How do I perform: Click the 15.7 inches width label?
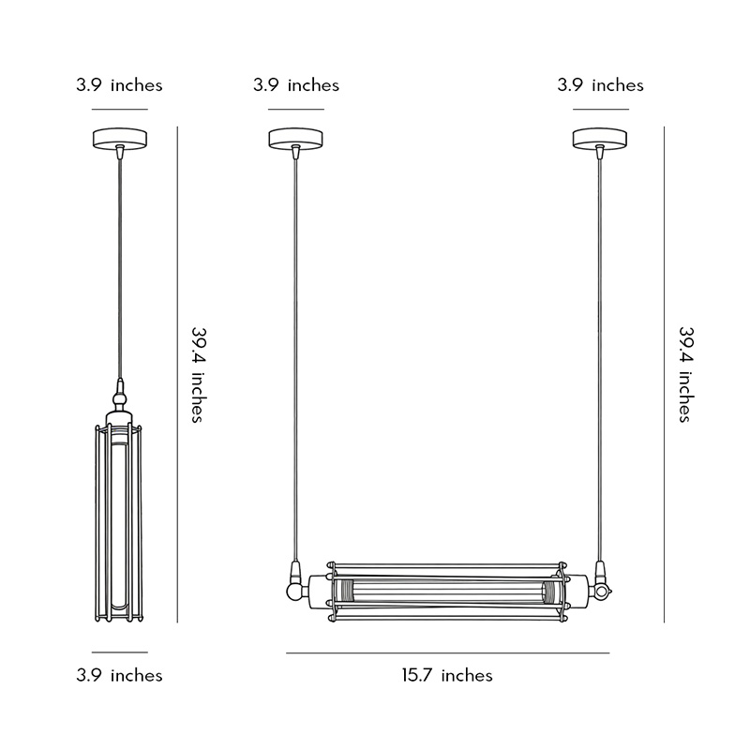tap(447, 675)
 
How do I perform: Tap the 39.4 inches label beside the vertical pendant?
tap(198, 375)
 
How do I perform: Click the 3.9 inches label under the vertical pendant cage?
tap(119, 675)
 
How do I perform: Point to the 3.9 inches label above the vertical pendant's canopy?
tap(119, 85)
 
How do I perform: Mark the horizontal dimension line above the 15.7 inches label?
tap(447, 652)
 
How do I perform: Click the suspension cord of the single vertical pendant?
tap(119, 262)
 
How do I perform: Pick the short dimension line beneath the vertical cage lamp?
tap(119, 652)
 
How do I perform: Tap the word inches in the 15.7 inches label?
tap(466, 675)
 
